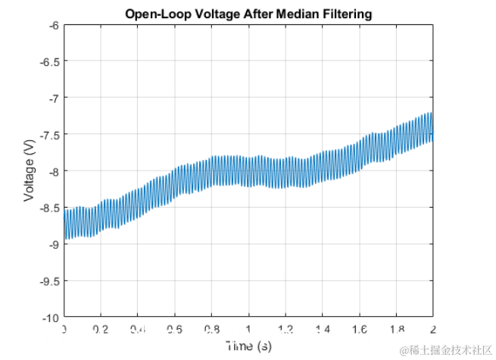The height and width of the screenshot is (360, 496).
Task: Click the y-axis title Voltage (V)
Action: [30, 171]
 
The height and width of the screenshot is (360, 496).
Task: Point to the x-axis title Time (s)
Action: [248, 346]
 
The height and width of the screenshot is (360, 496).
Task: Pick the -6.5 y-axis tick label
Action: [49, 61]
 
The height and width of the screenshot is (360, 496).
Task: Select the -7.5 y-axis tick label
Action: [49, 134]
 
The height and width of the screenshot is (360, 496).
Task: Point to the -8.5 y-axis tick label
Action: [49, 207]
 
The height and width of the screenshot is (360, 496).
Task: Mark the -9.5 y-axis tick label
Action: [49, 280]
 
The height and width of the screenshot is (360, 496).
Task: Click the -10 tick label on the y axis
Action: [51, 316]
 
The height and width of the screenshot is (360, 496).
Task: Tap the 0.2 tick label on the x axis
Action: [101, 330]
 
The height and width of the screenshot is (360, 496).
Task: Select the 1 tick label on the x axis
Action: [248, 330]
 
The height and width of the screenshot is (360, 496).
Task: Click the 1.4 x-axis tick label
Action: [322, 330]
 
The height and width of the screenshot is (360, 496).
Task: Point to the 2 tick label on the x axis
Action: [432, 330]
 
